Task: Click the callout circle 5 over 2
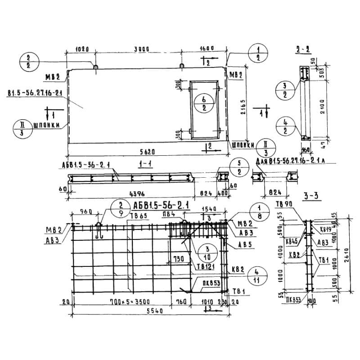tap(239, 167)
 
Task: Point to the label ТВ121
tap(203, 266)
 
